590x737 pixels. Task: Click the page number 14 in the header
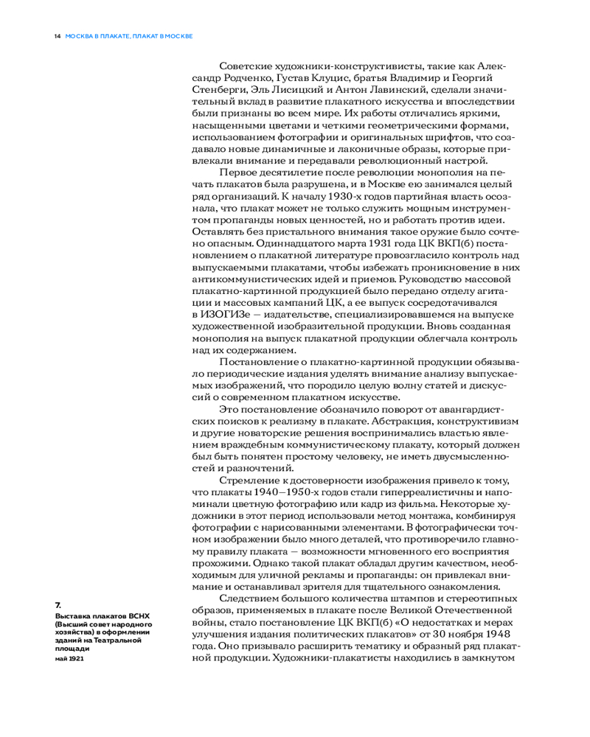pos(57,35)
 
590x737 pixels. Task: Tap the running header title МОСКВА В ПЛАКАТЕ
pos(94,35)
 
